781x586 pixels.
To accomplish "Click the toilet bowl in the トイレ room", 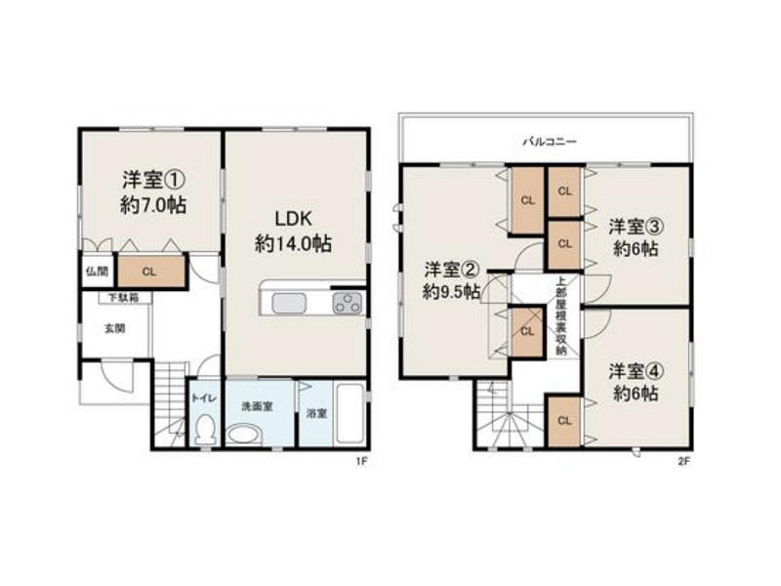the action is (x=205, y=429).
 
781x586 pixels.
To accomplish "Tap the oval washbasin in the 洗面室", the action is (x=243, y=434).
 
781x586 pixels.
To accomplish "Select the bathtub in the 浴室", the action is (x=350, y=413).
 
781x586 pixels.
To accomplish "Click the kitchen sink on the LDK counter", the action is (x=289, y=303).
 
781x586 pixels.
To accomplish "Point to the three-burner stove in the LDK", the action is (x=348, y=303).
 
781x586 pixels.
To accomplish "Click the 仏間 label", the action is (x=97, y=272).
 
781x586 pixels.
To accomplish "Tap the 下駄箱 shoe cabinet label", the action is (x=124, y=298).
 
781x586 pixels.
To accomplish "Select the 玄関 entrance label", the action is (x=114, y=329).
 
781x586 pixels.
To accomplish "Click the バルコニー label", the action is (x=550, y=142).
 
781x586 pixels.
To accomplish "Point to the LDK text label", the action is (x=294, y=219).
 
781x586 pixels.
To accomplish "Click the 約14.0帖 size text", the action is (x=294, y=243).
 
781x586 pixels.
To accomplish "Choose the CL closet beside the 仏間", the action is (x=151, y=272).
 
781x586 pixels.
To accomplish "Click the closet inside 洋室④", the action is (x=565, y=421).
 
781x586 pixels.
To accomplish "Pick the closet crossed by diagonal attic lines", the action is (x=527, y=331).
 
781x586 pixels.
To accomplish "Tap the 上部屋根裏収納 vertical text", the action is (x=561, y=315).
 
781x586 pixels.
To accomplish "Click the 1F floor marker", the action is (x=361, y=461).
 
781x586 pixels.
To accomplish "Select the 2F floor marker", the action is (x=683, y=461).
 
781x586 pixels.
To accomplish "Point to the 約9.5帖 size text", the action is (x=451, y=292).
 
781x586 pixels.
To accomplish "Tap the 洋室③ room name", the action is (x=636, y=228).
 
